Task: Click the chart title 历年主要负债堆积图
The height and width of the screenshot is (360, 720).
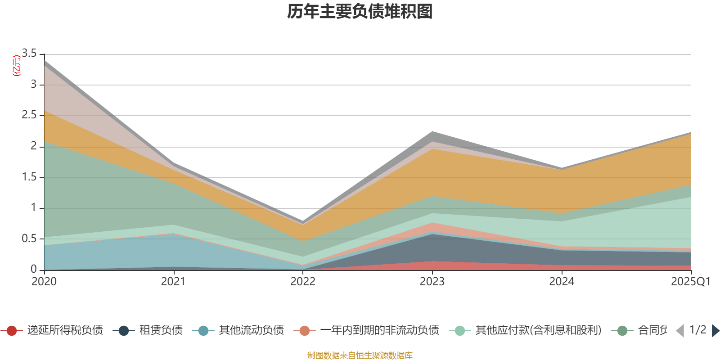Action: [360, 12]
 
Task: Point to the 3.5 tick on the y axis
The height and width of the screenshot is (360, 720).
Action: [29, 54]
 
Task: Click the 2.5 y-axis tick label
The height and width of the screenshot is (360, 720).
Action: [29, 115]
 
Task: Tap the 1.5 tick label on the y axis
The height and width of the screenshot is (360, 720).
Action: [29, 177]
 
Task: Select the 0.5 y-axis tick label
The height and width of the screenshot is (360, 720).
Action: [29, 238]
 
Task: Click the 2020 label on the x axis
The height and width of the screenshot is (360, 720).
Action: [44, 282]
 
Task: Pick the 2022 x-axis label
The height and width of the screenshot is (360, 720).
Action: [303, 282]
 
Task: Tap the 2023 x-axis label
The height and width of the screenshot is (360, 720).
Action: [432, 282]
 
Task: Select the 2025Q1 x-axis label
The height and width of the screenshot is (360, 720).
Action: [690, 282]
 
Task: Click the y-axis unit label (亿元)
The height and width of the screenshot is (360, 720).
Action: [17, 66]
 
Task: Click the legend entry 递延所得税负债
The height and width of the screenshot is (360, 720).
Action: [65, 331]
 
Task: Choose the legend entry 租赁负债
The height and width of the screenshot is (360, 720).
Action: [161, 331]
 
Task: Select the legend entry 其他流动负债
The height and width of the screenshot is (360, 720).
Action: [251, 331]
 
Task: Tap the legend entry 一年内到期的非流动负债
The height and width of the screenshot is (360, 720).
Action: [379, 331]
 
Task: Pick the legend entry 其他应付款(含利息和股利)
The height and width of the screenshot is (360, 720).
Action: [538, 331]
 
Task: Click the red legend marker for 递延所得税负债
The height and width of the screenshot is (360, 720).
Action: [12, 331]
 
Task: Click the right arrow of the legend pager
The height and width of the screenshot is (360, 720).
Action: [715, 331]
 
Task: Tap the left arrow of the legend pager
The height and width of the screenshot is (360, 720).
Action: [680, 331]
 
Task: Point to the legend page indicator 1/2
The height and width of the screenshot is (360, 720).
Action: [697, 330]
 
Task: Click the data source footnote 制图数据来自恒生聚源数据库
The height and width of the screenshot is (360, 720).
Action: [360, 355]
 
